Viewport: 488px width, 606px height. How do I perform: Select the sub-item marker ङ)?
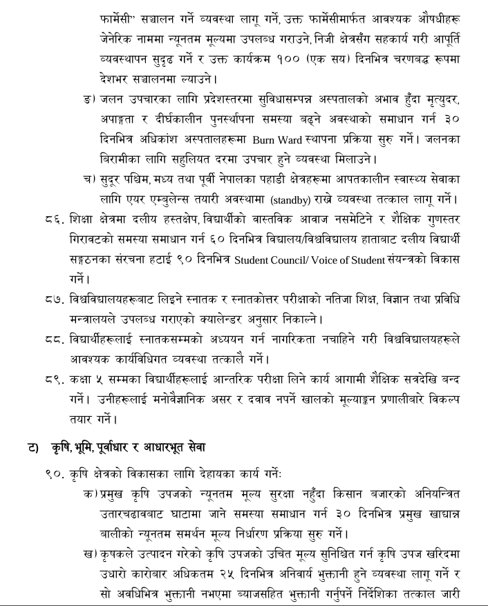point(89,99)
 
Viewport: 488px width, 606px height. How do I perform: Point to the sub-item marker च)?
point(89,181)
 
